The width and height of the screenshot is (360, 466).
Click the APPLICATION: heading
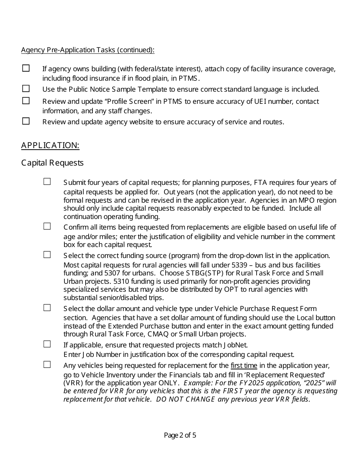click(x=50, y=145)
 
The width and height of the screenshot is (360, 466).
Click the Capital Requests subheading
click(x=52, y=163)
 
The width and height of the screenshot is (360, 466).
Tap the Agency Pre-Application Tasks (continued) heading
click(x=88, y=50)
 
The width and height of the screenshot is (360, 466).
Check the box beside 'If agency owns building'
click(x=26, y=68)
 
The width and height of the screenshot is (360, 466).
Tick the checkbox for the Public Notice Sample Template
click(x=26, y=89)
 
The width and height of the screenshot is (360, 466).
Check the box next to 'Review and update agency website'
click(x=26, y=121)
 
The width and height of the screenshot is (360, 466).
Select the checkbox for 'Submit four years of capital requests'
click(x=47, y=182)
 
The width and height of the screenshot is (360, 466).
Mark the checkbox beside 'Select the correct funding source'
click(x=47, y=255)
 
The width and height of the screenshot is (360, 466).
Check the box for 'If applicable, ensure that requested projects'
click(x=47, y=344)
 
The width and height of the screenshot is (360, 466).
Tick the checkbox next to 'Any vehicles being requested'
click(x=47, y=365)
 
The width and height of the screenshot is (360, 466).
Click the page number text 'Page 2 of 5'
click(x=180, y=435)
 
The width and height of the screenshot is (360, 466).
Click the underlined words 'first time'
click(x=244, y=366)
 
